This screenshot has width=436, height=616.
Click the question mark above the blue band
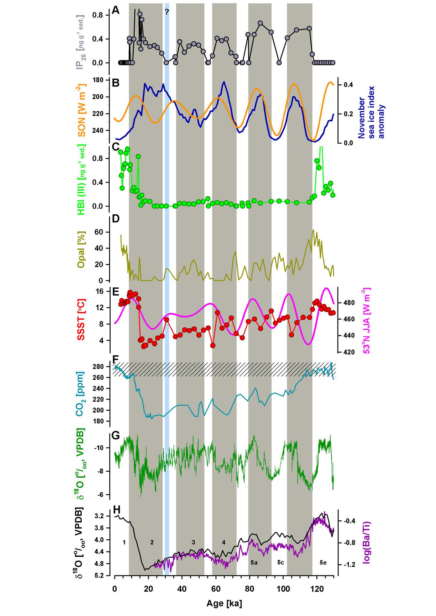167,12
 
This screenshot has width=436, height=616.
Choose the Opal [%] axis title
81,250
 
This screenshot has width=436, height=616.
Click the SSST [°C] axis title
81,320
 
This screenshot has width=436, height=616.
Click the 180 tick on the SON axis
99,80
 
